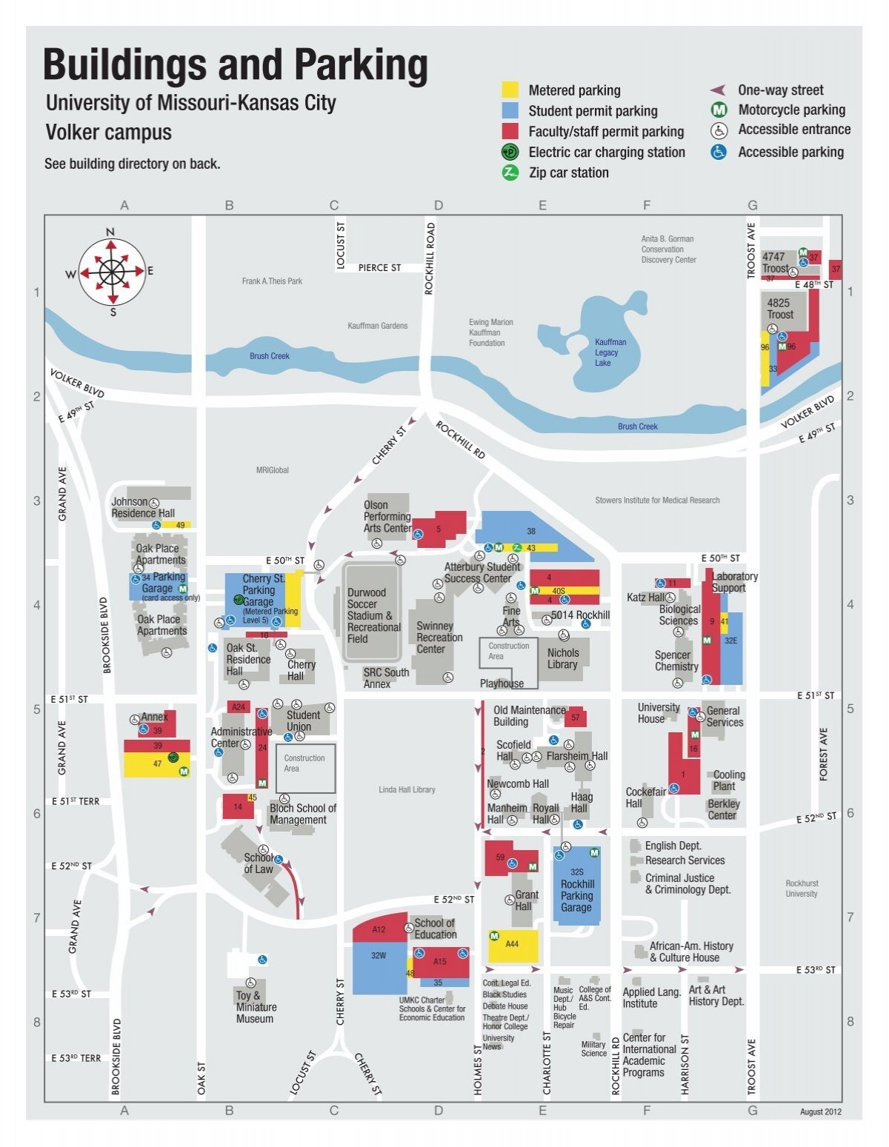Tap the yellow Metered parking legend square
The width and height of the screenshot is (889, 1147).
510,90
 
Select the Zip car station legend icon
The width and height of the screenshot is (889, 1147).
510,173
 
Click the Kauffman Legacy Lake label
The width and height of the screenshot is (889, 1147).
610,352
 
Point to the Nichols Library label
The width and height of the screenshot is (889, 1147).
563,658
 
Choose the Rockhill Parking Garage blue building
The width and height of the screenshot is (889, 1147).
576,885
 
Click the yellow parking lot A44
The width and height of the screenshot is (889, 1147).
513,946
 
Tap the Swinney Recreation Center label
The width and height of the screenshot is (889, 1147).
439,638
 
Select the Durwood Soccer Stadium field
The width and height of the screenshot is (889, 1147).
372,612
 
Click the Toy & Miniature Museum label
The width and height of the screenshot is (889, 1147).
256,1007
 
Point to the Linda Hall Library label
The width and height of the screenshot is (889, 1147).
407,789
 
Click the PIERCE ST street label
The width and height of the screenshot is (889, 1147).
379,267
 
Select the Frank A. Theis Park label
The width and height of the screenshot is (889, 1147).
272,281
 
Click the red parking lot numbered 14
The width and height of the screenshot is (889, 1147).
238,806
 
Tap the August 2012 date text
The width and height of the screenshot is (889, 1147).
820,1111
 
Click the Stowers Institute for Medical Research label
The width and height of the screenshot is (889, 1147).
657,500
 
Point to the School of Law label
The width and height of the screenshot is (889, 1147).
259,863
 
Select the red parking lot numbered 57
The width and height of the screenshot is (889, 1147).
576,718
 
